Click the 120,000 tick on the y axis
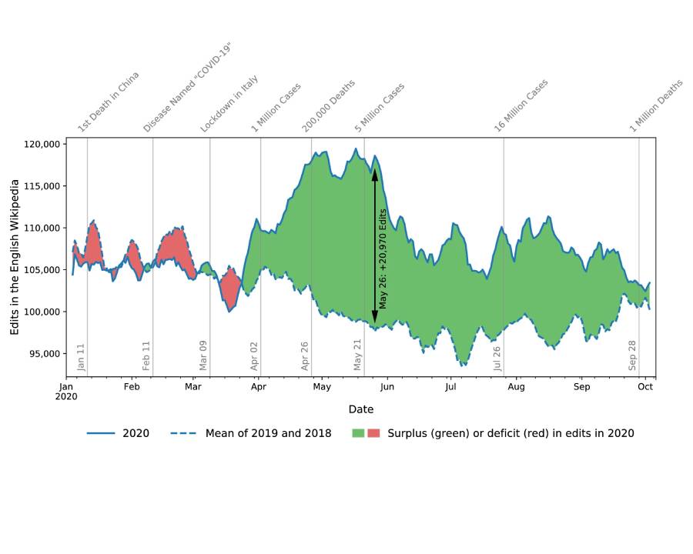[42, 145]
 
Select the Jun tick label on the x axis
[387, 387]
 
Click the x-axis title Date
[361, 409]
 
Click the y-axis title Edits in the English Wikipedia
[15, 257]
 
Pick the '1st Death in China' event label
[109, 102]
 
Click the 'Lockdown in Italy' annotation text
[229, 104]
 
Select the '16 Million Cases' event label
[521, 105]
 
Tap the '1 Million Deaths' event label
[657, 105]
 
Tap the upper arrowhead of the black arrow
[375, 174]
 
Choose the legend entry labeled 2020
[119, 433]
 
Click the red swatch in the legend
[374, 433]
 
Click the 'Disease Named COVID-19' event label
[187, 88]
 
